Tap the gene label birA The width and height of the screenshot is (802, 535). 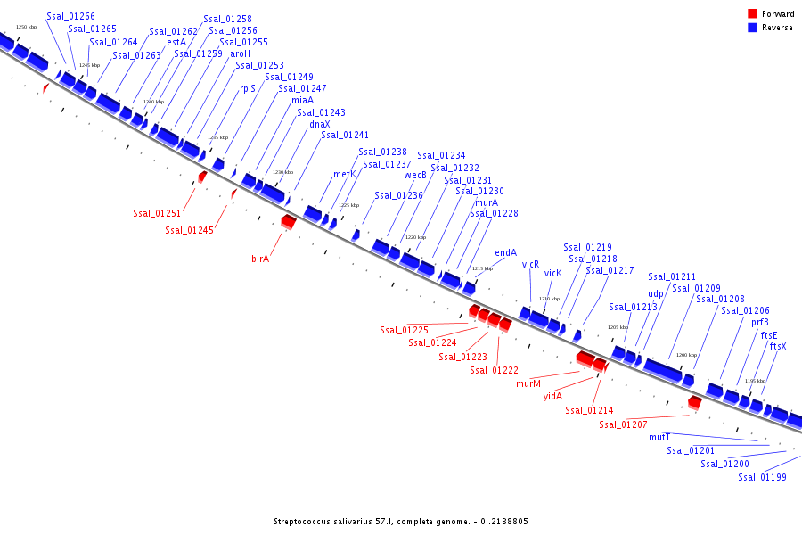coord(260,259)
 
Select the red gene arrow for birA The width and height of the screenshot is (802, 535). coord(288,220)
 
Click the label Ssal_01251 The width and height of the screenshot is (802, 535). coord(157,213)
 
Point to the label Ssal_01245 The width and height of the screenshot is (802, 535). coord(189,230)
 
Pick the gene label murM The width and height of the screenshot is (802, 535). coord(528,383)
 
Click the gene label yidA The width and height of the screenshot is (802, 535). coord(552,396)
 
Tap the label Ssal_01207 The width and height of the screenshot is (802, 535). coord(623,424)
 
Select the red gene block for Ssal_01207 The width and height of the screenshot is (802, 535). coord(695,403)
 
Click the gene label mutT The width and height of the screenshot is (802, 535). coord(659,437)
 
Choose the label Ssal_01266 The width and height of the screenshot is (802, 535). coord(70,16)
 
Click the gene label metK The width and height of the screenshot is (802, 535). coord(344,174)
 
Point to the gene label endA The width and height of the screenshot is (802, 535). coord(505,252)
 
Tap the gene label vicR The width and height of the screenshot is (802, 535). coord(531,264)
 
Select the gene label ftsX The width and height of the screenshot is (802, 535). coord(778,346)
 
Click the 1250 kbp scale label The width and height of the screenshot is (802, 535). coord(27,27)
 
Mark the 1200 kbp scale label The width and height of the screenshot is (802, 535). coord(686,355)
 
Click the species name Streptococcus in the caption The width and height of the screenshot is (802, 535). coord(304,521)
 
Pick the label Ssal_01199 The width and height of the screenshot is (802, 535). coord(762,477)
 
